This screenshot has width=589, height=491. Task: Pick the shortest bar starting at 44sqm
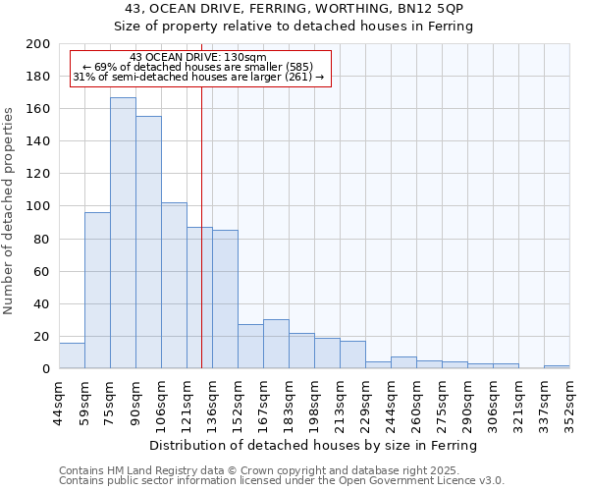(x=72, y=356)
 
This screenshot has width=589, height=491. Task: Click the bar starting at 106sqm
(x=174, y=286)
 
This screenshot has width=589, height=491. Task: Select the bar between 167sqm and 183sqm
(x=276, y=345)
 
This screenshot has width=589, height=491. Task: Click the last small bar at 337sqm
(x=556, y=367)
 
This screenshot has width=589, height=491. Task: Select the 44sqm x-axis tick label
(x=60, y=399)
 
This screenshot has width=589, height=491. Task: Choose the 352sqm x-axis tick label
(x=569, y=399)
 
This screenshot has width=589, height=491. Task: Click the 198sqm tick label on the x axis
(x=315, y=399)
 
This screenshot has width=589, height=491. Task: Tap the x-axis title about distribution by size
(x=313, y=445)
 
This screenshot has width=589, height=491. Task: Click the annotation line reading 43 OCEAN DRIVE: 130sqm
(x=197, y=58)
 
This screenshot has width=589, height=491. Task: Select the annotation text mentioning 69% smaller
(x=197, y=68)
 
